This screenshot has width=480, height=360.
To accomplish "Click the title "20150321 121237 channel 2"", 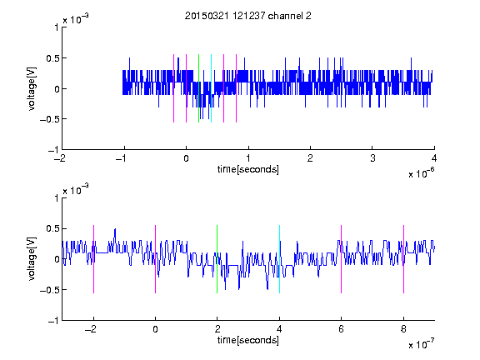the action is tap(248, 16).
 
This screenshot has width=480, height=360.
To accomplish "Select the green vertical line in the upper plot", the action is tap(198, 88).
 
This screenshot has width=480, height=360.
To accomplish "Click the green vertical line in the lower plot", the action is tap(217, 259).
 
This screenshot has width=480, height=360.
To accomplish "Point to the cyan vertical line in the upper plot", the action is tap(211, 88).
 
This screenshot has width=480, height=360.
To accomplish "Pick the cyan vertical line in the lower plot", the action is tap(279, 259).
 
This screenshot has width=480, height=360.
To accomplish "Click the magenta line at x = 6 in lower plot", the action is tap(342, 259).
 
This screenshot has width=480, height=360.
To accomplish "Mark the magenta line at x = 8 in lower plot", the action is tap(404, 259).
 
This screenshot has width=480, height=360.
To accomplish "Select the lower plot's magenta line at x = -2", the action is tap(93, 259).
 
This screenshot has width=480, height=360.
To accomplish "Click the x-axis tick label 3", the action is tap(372, 158).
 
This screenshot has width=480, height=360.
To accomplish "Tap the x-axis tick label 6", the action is tap(342, 329).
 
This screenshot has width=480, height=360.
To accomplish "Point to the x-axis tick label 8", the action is tap(404, 329).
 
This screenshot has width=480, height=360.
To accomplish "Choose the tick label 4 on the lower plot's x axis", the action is tap(279, 329).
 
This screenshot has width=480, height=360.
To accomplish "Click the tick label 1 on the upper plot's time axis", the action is tap(248, 158).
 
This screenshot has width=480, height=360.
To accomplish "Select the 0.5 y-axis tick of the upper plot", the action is tap(52, 58).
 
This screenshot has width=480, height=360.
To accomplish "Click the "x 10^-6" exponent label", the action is tap(422, 173).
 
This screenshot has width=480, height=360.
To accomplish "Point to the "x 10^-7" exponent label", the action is tap(422, 344).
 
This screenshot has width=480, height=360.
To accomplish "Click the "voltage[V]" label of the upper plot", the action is tap(32, 88).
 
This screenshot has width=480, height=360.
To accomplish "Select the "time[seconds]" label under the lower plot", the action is tap(248, 340).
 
